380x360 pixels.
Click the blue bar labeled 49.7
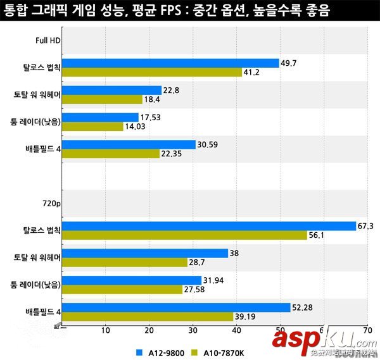click(x=171, y=63)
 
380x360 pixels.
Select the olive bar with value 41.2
click(x=153, y=72)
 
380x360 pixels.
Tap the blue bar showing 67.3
click(x=209, y=226)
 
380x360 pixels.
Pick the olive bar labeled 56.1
click(x=185, y=235)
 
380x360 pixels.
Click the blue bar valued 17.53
click(x=101, y=117)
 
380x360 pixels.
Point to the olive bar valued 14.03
click(x=93, y=127)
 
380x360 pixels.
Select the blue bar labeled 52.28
click(x=177, y=307)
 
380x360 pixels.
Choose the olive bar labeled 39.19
click(x=148, y=316)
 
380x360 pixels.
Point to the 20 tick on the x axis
click(x=149, y=330)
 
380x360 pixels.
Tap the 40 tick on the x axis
click(x=236, y=330)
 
